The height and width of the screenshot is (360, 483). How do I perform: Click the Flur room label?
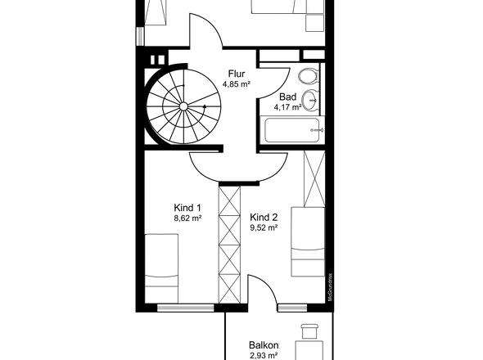tap(237, 74)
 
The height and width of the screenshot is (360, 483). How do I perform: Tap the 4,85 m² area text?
tap(237, 84)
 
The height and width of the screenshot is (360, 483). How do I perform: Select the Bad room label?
tap(287, 97)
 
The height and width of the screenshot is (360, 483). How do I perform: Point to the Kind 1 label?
tap(187, 208)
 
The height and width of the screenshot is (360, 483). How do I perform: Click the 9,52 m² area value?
tap(264, 227)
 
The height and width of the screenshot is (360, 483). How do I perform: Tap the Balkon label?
tap(264, 345)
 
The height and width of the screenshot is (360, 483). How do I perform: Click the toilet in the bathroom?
tap(308, 75)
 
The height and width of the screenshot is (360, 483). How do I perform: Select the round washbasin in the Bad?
tap(309, 101)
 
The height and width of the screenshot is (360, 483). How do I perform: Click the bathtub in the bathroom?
tap(291, 130)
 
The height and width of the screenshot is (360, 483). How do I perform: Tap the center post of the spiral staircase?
tap(183, 106)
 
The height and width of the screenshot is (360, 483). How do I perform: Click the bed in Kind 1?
tap(161, 268)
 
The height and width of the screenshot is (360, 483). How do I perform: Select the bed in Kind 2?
tap(308, 241)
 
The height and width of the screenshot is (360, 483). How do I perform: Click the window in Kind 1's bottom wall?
tap(186, 308)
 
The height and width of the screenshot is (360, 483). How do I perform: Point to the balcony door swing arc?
tap(269, 284)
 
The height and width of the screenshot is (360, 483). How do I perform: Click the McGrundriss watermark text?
tap(330, 287)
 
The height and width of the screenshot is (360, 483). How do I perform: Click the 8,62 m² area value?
tap(187, 218)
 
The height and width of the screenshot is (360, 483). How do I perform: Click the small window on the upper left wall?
tap(140, 36)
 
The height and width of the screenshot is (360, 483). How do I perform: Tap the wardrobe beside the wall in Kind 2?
tap(314, 178)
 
